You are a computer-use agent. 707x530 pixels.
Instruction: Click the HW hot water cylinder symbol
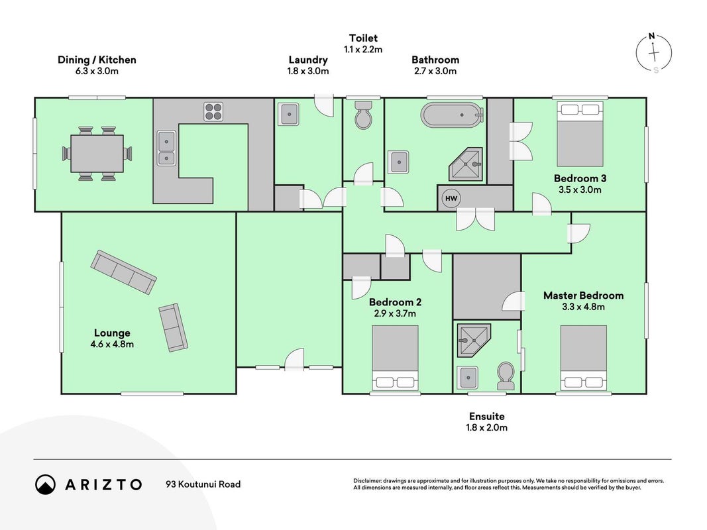tap(451, 198)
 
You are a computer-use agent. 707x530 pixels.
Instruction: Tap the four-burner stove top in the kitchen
tap(213, 112)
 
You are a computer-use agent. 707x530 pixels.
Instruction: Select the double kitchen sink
tap(166, 148)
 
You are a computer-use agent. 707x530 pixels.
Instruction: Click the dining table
tap(97, 154)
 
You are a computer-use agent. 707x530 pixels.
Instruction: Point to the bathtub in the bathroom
tap(453, 115)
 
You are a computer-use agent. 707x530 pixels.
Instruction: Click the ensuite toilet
tap(506, 376)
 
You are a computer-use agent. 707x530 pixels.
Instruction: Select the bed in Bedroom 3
tap(580, 134)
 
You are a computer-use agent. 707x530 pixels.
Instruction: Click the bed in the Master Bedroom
tap(584, 358)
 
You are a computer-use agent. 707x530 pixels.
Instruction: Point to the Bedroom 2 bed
tap(395, 358)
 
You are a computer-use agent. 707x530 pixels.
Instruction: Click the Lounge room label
tap(112, 333)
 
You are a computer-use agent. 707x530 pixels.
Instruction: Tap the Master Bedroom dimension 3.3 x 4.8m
tap(584, 307)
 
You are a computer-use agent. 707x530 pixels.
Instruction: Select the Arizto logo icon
tap(46, 484)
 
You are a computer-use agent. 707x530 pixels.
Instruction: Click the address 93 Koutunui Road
tap(203, 484)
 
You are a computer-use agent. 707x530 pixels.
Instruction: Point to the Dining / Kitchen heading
tap(97, 60)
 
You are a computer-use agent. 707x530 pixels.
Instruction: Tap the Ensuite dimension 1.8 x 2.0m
tap(486, 427)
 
